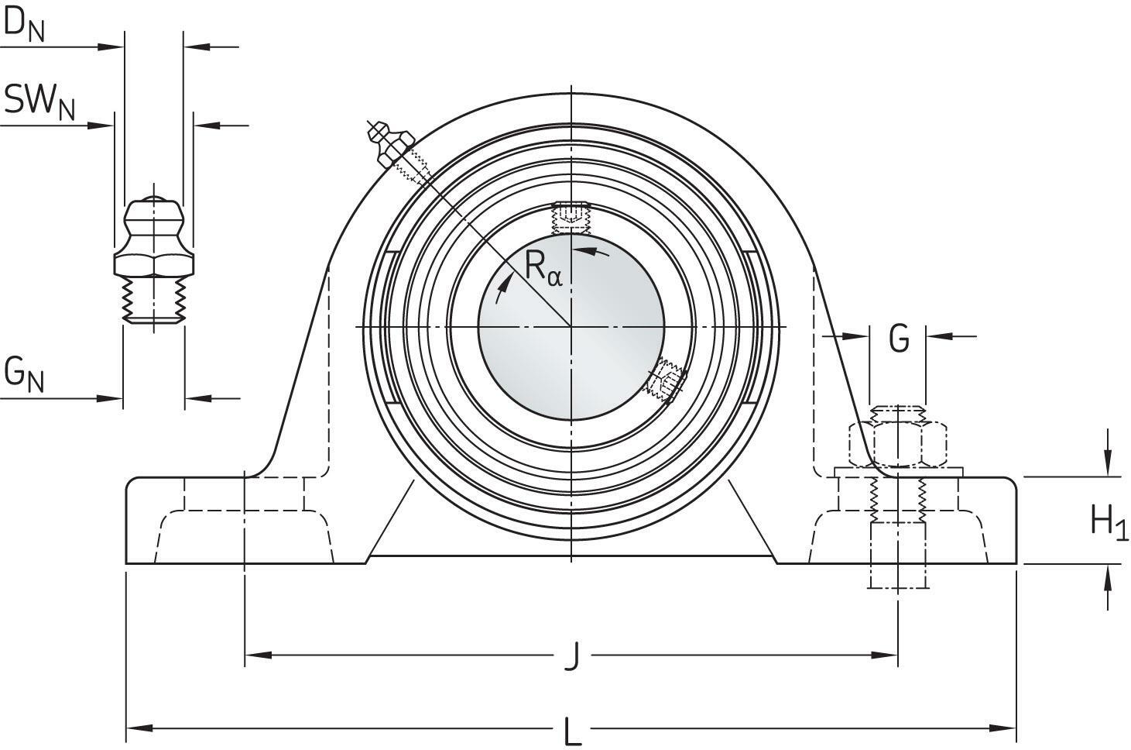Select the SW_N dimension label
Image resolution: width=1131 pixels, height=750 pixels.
pos(39,101)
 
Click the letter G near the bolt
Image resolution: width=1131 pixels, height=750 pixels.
pos(899,339)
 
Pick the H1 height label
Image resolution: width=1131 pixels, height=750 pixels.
pos(1109,521)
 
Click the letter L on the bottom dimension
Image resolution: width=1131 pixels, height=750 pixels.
pos(571,730)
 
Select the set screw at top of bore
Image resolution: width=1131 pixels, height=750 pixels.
pos(571,217)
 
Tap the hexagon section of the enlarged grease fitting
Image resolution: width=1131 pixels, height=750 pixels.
pos(154,263)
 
